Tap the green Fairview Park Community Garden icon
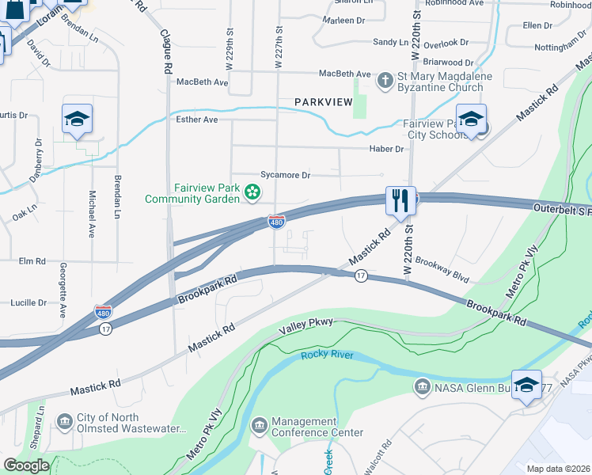[252, 191]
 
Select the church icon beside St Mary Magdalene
[385, 80]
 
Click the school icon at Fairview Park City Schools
[471, 119]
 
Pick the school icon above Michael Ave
[77, 119]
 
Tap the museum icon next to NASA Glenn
[421, 386]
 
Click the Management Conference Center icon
[259, 427]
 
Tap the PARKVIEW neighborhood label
[322, 102]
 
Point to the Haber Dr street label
[386, 149]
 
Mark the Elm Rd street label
[32, 260]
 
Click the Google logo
[26, 465]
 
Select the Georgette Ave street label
[62, 291]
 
